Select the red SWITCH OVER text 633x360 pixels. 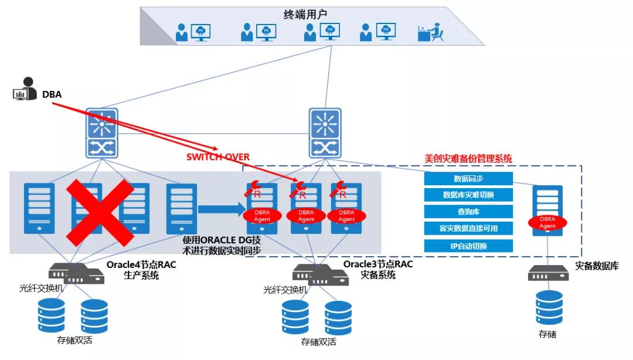pyautogui.click(x=218, y=157)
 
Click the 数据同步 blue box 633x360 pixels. pyautogui.click(x=468, y=179)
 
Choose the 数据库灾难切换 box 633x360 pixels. pyautogui.click(x=468, y=195)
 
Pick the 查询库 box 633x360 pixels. pyautogui.click(x=468, y=212)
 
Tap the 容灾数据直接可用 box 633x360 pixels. pyautogui.click(x=468, y=229)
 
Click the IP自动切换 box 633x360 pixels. pyautogui.click(x=468, y=246)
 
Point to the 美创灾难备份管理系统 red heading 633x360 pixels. pyautogui.click(x=468, y=159)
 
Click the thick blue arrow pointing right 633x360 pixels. pyautogui.click(x=220, y=209)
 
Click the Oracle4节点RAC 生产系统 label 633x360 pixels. pyautogui.click(x=141, y=269)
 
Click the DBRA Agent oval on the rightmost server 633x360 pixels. pyautogui.click(x=547, y=222)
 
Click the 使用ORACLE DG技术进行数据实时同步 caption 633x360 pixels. pyautogui.click(x=222, y=245)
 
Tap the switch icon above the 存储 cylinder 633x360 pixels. pyautogui.click(x=549, y=273)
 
